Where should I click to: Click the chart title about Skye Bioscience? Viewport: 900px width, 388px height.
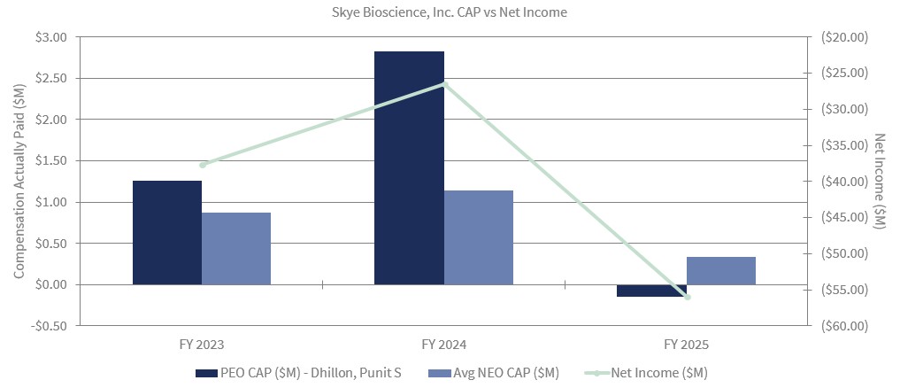[x=450, y=12]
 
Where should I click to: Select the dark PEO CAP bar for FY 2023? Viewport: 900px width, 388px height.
[x=167, y=232]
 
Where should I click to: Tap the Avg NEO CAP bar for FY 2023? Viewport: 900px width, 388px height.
[x=236, y=248]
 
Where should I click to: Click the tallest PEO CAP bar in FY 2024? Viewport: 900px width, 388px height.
[x=409, y=167]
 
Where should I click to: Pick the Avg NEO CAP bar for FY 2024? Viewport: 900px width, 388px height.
[x=478, y=237]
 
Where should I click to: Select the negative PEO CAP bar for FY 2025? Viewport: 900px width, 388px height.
[x=651, y=291]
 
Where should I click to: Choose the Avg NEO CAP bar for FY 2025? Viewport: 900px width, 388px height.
[x=720, y=270]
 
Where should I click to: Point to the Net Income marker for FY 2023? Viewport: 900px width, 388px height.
[x=203, y=165]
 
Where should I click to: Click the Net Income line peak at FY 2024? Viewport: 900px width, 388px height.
[x=444, y=84]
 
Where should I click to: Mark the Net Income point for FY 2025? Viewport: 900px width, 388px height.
[x=687, y=297]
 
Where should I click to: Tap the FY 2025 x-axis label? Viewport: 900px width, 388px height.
[x=687, y=344]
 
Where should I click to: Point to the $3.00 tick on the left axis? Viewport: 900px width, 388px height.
[x=50, y=37]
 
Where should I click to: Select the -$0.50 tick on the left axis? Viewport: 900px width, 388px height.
[x=48, y=326]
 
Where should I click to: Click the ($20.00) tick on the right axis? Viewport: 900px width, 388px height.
[x=846, y=37]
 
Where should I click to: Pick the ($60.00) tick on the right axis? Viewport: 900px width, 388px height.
[x=846, y=326]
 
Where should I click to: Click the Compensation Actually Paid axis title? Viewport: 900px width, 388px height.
[x=19, y=181]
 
